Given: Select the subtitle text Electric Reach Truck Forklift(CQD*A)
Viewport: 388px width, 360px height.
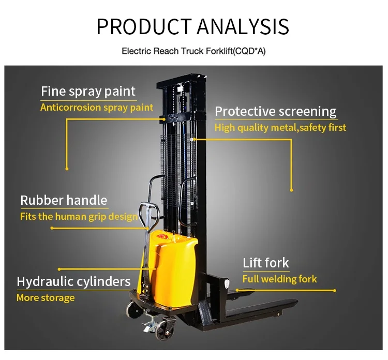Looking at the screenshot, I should [193, 51].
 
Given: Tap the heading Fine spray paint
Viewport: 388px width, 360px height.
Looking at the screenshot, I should [88, 92].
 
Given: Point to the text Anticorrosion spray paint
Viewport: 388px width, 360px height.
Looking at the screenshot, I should [97, 108].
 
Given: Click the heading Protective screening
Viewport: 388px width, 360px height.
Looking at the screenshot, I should [275, 111].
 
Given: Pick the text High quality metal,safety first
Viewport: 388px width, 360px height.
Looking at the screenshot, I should [280, 127].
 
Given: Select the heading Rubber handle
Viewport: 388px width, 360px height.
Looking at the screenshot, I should [64, 200].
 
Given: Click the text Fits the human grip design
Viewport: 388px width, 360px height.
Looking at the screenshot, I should [79, 216].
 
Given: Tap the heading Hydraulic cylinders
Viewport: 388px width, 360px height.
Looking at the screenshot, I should [73, 281].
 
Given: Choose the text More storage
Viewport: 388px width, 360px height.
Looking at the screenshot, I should [46, 297].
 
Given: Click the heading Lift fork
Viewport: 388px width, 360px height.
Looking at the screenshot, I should [266, 263].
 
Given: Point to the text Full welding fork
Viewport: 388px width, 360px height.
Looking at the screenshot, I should [279, 279].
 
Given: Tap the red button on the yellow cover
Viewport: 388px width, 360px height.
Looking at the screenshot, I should [167, 237].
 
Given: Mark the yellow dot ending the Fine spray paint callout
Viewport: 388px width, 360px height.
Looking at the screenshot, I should [67, 168].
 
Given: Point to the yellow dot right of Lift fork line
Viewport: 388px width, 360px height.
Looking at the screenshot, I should [335, 291].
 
